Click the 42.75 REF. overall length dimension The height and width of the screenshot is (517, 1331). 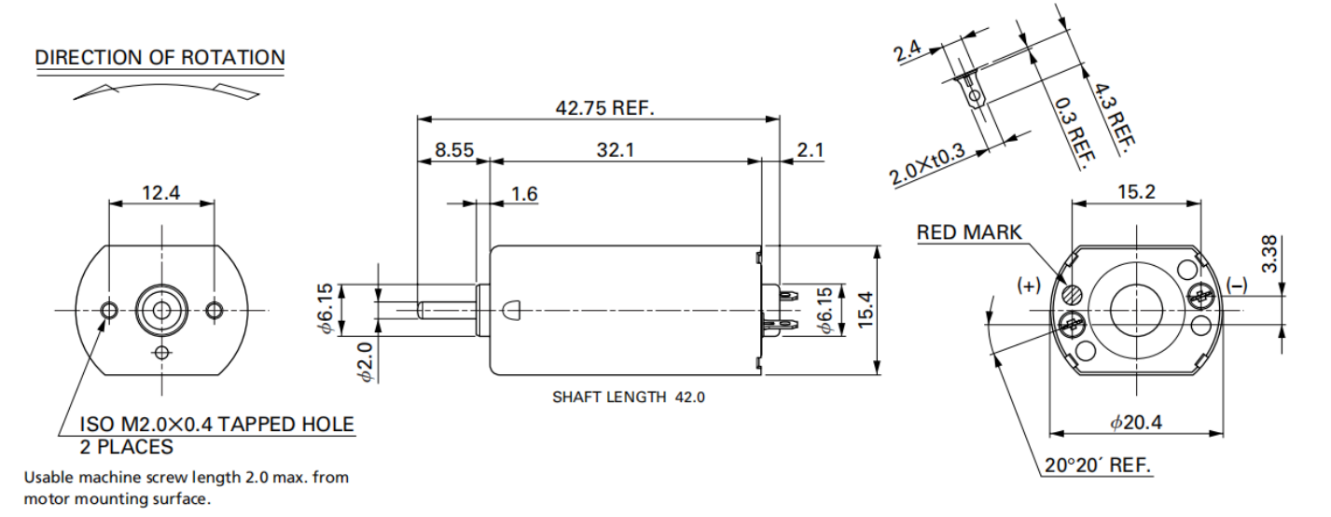604,108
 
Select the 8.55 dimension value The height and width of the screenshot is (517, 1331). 454,149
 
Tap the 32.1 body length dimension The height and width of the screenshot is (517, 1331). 616,149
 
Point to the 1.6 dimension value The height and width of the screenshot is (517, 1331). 524,194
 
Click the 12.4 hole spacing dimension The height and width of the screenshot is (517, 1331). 161,192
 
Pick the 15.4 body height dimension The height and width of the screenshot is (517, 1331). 866,310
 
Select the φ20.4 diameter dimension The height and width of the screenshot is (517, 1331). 1135,423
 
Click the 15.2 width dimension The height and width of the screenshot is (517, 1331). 1137,192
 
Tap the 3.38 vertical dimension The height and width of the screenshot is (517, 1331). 1269,255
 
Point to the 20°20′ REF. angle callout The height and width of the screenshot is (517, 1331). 1098,465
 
